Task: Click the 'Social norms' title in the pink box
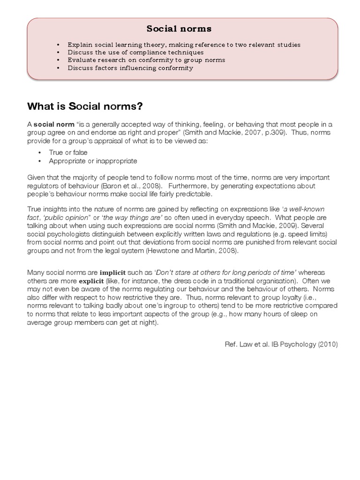click(x=179, y=29)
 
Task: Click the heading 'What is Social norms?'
click(x=85, y=106)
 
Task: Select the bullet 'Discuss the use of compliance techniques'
click(x=135, y=52)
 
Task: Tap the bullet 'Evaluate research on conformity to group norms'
click(x=146, y=60)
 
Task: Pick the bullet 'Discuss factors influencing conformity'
click(x=130, y=68)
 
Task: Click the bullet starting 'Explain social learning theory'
click(x=184, y=45)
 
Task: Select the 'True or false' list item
click(x=68, y=153)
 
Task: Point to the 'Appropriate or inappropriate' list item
click(x=93, y=161)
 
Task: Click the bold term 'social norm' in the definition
click(x=54, y=124)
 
